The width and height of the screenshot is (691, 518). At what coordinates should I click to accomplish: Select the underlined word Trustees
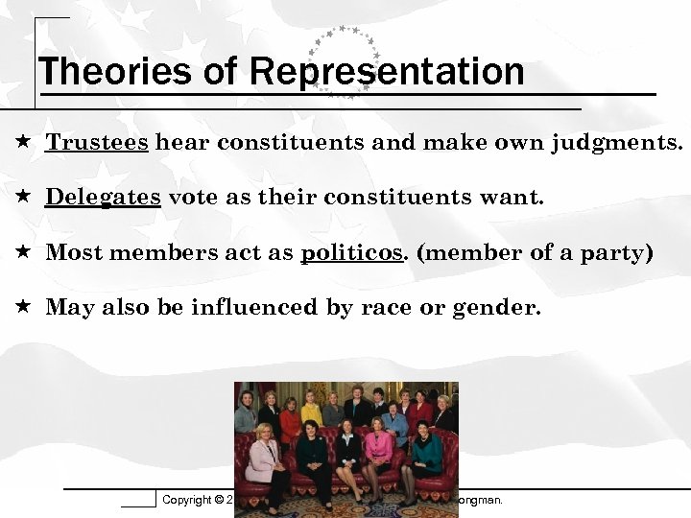97,143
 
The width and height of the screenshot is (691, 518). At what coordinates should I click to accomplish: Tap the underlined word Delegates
104,198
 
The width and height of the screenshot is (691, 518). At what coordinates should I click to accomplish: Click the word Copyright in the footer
186,500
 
